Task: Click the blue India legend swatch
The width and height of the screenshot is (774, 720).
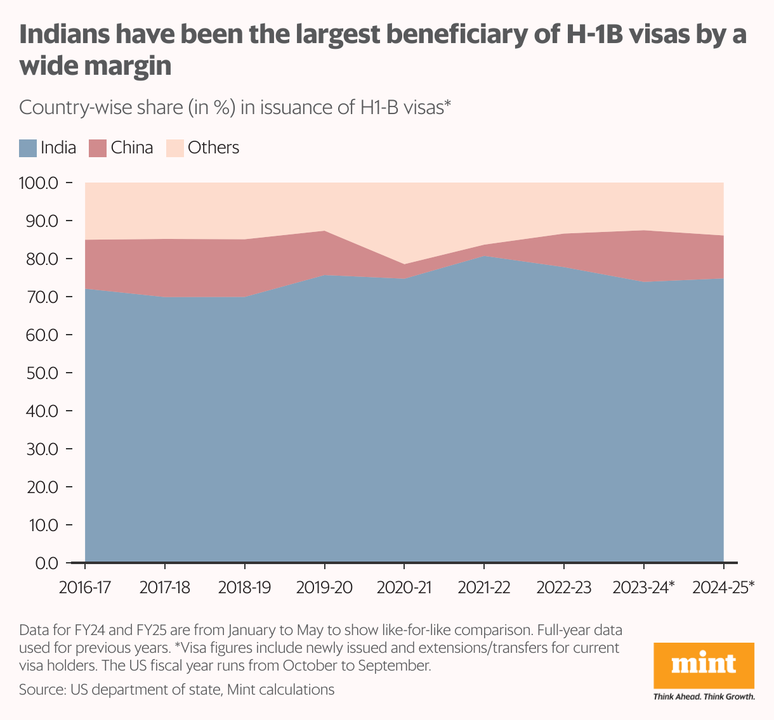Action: click(x=28, y=148)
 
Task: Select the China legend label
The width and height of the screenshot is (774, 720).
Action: click(x=131, y=148)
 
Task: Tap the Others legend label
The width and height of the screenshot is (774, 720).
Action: click(x=213, y=148)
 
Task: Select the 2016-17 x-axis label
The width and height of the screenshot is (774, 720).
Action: click(x=84, y=588)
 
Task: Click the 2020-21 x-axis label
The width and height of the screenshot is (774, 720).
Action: click(x=404, y=588)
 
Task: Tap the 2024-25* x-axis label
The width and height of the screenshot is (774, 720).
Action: click(x=723, y=588)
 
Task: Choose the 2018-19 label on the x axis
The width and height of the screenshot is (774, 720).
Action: click(x=244, y=588)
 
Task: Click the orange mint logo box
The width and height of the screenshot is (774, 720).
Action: click(x=704, y=665)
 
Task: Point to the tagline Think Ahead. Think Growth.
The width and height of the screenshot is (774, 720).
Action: click(x=704, y=697)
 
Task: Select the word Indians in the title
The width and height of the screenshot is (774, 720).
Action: click(x=62, y=35)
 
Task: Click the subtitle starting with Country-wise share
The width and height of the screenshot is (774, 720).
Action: click(x=235, y=108)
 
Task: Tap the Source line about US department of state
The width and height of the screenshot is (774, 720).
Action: click(x=176, y=690)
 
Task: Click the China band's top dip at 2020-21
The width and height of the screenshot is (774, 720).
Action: click(x=404, y=264)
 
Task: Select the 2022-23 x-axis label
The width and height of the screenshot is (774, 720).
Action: click(x=564, y=588)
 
